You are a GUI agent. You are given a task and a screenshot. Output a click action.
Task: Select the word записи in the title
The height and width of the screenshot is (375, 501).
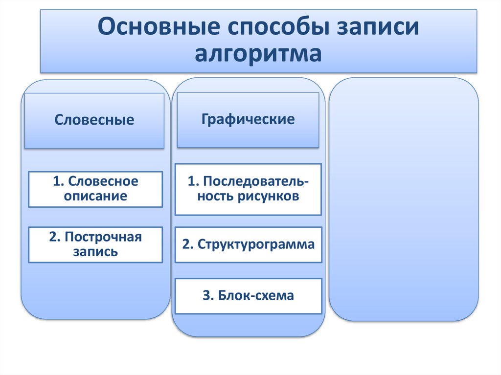click(x=374, y=28)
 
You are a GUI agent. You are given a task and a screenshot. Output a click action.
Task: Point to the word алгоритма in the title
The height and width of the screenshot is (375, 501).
click(x=258, y=53)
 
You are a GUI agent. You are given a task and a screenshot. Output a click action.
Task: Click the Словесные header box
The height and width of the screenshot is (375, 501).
click(x=94, y=120)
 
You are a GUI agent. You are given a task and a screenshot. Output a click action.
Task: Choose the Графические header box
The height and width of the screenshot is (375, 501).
click(x=248, y=119)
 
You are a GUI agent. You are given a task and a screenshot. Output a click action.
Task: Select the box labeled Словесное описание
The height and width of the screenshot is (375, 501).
click(x=95, y=189)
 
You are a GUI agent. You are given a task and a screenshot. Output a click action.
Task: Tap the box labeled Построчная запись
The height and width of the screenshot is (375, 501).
click(x=95, y=244)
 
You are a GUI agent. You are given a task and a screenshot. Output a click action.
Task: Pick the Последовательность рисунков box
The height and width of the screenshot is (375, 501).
click(x=248, y=189)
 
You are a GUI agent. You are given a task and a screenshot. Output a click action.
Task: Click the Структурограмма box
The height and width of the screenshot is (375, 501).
click(x=248, y=244)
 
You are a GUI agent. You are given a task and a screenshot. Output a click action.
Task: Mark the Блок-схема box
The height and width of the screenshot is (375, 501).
click(x=248, y=296)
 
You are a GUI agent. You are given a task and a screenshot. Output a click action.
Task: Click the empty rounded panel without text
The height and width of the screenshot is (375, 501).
click(x=404, y=199)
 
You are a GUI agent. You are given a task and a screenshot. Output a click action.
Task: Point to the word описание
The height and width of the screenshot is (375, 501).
click(x=95, y=197)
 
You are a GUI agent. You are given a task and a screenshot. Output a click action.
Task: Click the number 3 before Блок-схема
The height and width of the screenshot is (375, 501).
click(x=205, y=296)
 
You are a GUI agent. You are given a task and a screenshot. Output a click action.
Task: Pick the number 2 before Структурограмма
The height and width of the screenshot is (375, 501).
click(x=186, y=244)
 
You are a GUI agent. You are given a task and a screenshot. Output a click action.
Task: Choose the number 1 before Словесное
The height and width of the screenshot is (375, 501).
click(x=57, y=181)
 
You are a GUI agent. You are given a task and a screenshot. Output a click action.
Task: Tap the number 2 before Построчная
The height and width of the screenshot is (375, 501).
click(x=53, y=237)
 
